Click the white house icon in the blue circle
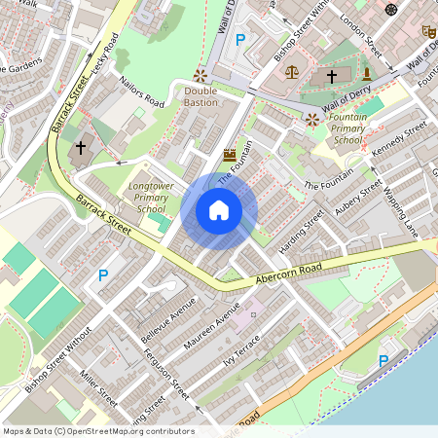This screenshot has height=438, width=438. (219, 209)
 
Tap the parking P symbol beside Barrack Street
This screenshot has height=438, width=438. (103, 275)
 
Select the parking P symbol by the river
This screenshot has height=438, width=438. (383, 360)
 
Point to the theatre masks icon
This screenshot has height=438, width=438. (426, 31)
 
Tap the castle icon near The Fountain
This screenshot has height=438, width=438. (230, 154)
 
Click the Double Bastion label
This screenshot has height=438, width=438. (201, 96)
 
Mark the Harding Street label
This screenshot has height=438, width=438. (298, 229)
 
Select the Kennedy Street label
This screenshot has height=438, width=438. (400, 139)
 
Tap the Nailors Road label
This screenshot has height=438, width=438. (141, 90)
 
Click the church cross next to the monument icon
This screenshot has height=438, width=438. (331, 75)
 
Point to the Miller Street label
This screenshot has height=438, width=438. (99, 387)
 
